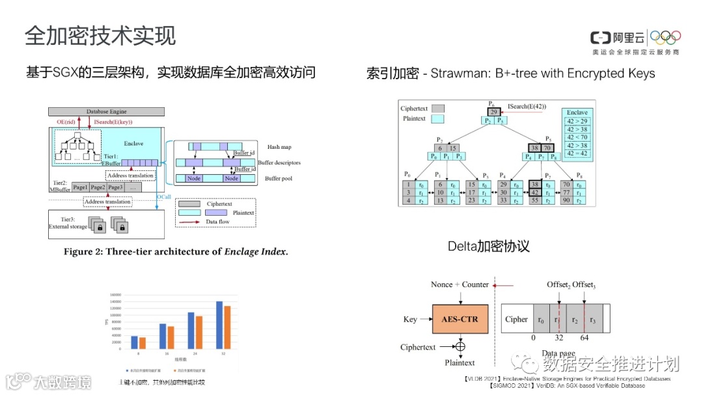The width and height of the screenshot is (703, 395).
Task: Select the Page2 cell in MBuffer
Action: (x=98, y=187)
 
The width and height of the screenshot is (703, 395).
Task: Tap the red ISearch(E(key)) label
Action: (x=114, y=121)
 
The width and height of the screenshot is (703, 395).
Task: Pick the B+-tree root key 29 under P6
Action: (x=495, y=112)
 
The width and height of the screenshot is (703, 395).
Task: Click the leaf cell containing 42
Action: (x=534, y=192)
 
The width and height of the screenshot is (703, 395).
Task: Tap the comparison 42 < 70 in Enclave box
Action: (x=577, y=137)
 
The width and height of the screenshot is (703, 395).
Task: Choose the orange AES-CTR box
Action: (x=460, y=319)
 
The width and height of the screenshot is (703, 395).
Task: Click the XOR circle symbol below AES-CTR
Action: (x=460, y=347)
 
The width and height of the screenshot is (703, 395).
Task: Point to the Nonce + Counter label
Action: (x=460, y=285)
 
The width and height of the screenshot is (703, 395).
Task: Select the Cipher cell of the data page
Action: (x=516, y=319)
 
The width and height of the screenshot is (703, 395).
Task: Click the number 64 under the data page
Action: (x=584, y=338)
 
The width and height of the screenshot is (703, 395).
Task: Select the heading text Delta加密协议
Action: (x=488, y=246)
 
